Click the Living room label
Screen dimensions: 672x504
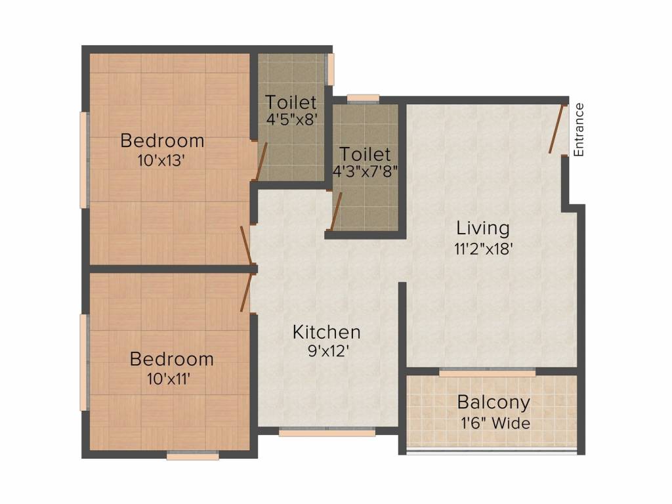click(482, 228)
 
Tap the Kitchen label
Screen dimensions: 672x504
click(327, 332)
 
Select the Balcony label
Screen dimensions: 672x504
click(493, 402)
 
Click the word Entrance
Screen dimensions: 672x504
click(579, 129)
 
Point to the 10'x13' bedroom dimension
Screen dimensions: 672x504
click(161, 161)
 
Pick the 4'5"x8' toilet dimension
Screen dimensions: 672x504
click(291, 119)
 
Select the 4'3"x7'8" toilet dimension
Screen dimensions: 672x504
click(365, 171)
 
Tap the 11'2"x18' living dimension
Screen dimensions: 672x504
click(484, 249)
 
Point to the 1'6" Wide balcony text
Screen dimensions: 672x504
click(495, 423)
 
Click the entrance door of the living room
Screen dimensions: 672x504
click(556, 129)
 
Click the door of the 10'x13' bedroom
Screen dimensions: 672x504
click(246, 245)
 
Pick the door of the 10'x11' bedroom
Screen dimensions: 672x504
click(246, 292)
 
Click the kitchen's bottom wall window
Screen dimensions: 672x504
click(327, 432)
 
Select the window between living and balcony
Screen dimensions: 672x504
click(488, 373)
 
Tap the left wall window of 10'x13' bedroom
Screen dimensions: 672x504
click(85, 160)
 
